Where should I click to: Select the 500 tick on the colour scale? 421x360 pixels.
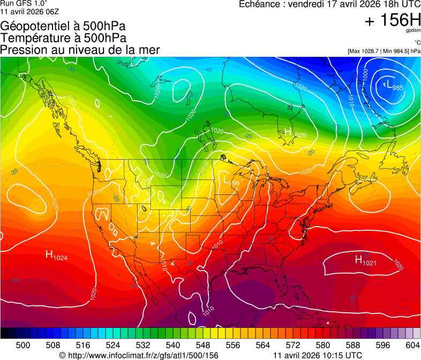(23, 344)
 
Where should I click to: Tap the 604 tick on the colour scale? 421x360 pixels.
(412, 344)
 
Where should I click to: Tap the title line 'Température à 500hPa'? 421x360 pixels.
(63, 37)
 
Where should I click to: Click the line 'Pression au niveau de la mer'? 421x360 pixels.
(80, 50)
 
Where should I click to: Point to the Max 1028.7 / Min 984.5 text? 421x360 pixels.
(384, 51)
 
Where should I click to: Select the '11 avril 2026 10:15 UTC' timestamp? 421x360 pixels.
(317, 355)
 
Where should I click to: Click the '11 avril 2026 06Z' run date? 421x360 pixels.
(29, 11)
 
